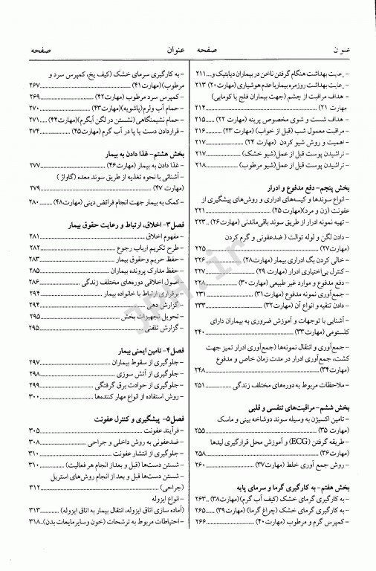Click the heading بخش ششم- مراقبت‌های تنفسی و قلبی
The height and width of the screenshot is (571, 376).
[296, 396]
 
